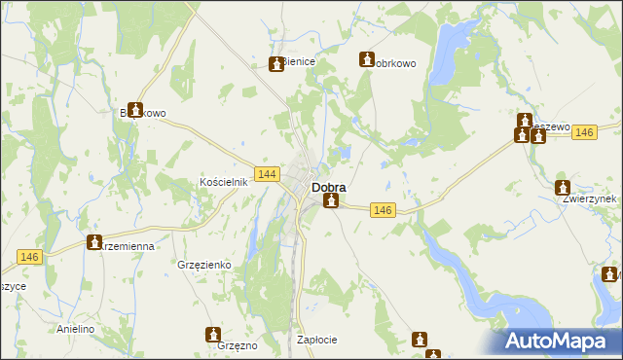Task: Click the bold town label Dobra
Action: tap(328, 187)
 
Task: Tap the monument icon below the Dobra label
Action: tap(332, 201)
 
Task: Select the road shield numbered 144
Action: tap(268, 173)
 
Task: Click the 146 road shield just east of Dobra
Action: tap(383, 210)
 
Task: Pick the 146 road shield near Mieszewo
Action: tap(584, 133)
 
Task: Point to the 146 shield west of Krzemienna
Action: tap(29, 256)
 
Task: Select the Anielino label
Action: tap(75, 329)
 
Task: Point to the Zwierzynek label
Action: tap(590, 198)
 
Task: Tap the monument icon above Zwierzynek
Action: tap(563, 187)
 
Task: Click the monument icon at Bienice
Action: tap(275, 64)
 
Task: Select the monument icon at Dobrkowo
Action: tap(367, 58)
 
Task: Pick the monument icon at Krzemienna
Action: tap(94, 241)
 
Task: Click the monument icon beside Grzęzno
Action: tap(213, 335)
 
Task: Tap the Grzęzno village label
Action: tap(238, 345)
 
